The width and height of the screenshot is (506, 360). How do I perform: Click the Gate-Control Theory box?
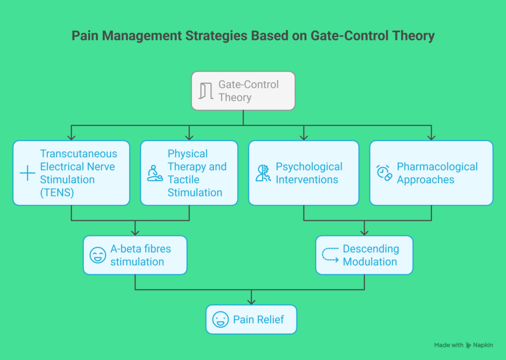243,91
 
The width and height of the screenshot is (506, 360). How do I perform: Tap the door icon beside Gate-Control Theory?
206,91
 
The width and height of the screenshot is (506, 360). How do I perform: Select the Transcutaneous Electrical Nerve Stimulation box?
71,173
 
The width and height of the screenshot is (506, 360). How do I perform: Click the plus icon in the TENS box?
27,173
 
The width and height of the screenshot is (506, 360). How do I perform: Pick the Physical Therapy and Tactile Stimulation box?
189,173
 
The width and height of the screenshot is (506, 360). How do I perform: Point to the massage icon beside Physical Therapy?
155,173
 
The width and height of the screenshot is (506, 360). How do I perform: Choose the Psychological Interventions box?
303,173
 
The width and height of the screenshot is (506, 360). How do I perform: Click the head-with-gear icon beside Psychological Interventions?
263,173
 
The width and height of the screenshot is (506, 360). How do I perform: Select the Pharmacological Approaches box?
431,173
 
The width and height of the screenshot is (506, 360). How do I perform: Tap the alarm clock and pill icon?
384,173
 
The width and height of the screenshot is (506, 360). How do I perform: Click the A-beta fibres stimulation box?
135,255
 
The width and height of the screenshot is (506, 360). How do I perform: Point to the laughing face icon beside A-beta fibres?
97,255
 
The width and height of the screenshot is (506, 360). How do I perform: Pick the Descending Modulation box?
364,255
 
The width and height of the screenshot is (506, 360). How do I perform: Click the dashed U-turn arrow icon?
330,254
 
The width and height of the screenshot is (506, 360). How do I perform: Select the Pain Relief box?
251,320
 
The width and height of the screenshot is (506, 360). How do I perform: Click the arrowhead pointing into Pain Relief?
252,301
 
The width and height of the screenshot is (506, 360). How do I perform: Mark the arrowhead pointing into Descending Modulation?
365,232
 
